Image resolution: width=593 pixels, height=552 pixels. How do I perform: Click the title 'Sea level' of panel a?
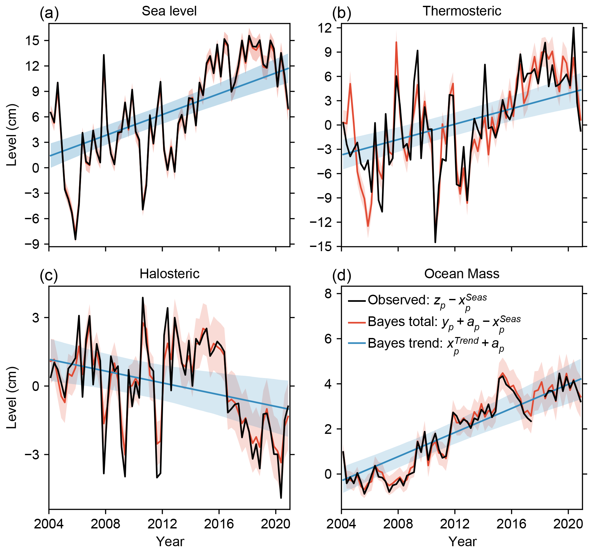click(169, 11)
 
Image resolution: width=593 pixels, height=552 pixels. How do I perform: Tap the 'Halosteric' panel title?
click(169, 274)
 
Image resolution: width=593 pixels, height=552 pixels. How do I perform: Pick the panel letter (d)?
click(342, 276)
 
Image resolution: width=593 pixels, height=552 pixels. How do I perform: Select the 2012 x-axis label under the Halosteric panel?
click(162, 524)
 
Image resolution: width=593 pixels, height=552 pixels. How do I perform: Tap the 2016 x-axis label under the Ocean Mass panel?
click(511, 524)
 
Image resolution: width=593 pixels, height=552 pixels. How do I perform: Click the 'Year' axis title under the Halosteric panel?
click(170, 542)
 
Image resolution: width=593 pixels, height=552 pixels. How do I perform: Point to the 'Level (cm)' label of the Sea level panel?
click(12, 135)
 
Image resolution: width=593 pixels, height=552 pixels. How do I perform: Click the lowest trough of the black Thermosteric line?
click(435, 242)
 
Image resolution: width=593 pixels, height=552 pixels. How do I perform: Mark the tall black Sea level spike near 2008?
click(104, 55)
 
